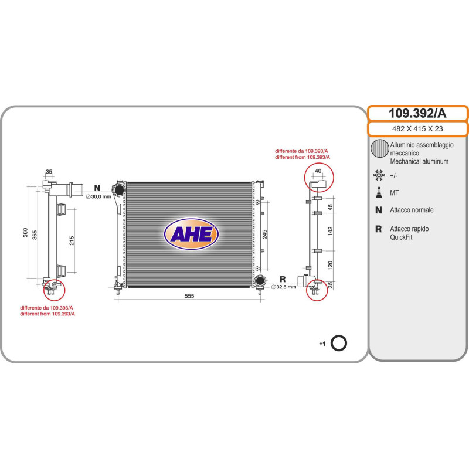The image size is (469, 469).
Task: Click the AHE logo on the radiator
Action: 191,233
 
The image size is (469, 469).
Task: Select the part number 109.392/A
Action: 417,113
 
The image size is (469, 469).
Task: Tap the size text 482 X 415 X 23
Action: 417,129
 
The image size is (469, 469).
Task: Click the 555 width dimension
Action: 189,296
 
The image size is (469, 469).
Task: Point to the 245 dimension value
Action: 265,234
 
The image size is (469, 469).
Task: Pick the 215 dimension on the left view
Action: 72,240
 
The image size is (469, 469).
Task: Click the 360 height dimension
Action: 25,233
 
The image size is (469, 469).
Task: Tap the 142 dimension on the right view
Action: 330,230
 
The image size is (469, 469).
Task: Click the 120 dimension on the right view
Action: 330,265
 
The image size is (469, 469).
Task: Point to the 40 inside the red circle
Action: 318,172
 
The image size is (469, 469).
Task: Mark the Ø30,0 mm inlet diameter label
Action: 98,196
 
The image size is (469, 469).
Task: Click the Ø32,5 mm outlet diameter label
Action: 284,287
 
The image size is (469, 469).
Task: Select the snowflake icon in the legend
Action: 379,175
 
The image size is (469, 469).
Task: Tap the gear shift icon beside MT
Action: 379,192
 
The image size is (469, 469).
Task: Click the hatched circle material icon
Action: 379,149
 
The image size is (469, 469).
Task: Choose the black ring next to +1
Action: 339,343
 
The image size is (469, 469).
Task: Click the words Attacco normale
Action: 412,210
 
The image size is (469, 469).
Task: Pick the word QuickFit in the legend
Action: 401,237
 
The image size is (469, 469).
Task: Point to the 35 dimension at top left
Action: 49,172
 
